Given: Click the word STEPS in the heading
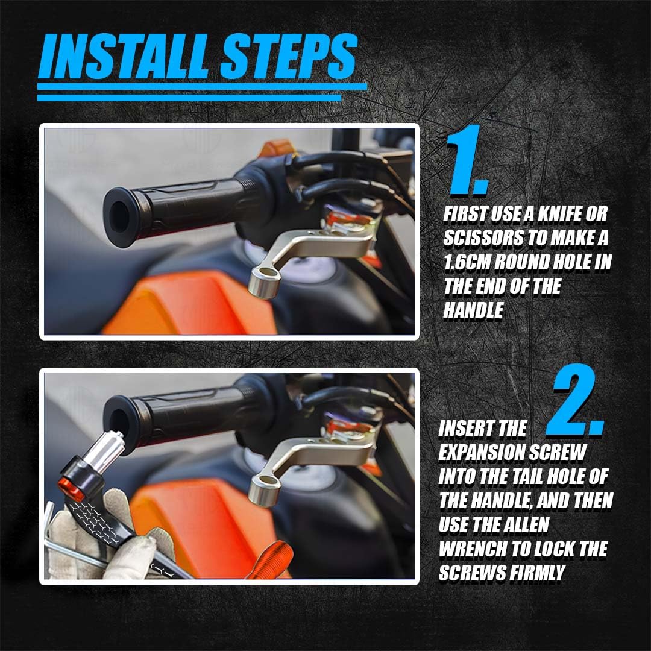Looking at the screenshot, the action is [x=289, y=57].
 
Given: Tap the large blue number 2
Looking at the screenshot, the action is [x=575, y=400].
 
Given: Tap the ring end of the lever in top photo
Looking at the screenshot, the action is [x=264, y=282].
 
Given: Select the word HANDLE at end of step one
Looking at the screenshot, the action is [x=473, y=310].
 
